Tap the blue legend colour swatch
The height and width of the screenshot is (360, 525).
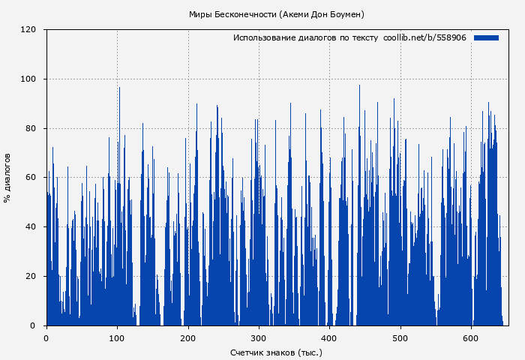coord(486,37)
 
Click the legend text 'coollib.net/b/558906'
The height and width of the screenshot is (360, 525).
coord(424,37)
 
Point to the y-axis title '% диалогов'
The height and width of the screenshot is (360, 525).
coord(7,178)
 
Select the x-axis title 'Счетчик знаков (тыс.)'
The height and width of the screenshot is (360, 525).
coord(276,352)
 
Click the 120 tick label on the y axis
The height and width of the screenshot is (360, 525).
coord(28,30)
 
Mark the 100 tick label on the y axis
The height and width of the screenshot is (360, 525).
coord(28,79)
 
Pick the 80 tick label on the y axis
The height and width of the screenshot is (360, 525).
coord(31,128)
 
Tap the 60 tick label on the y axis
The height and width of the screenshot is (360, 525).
coord(31,178)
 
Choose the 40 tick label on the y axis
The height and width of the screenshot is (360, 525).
coord(31,227)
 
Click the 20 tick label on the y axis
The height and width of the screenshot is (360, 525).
coord(31,277)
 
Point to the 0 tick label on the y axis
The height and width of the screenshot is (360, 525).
coord(33,325)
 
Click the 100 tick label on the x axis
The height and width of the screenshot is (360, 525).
coord(117,337)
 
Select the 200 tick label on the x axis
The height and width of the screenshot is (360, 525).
coord(188,337)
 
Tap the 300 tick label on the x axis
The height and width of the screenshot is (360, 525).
coord(259,337)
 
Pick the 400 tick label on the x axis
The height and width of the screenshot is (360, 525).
coord(330,337)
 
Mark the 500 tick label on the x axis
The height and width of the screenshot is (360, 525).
coord(400,337)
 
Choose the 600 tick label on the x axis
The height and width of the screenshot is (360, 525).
coord(471,337)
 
